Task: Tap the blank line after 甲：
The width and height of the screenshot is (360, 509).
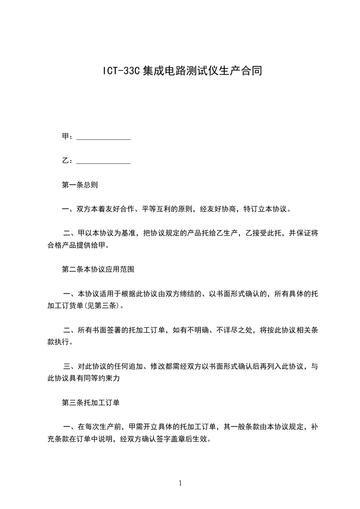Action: click(103, 137)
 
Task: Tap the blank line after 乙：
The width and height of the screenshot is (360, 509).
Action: click(103, 161)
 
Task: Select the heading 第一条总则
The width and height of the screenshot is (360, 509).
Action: click(80, 185)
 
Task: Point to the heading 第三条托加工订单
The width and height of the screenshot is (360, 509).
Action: click(91, 402)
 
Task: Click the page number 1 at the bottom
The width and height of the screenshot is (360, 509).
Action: click(180, 484)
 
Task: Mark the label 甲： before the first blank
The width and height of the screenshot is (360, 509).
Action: click(67, 137)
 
